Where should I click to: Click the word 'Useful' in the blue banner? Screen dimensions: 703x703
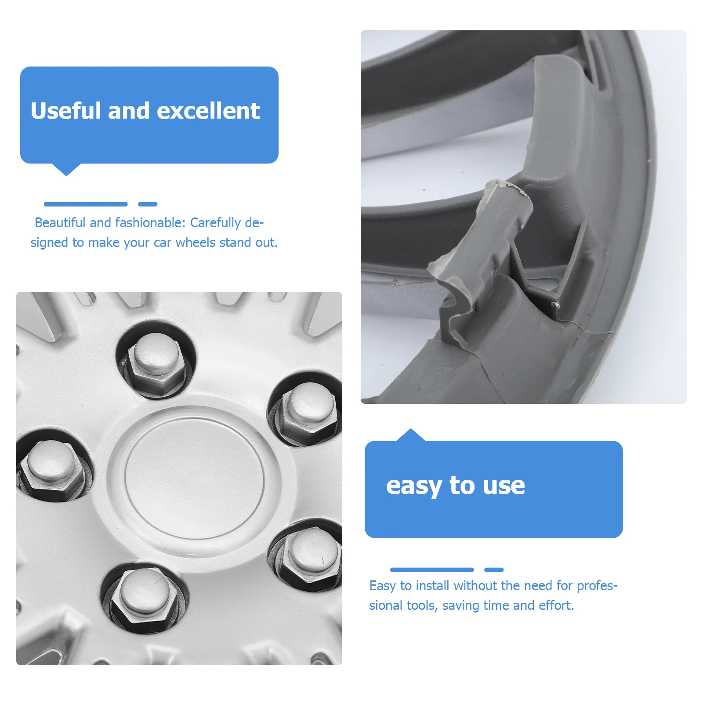(65, 111)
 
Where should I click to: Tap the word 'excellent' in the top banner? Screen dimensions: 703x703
(208, 111)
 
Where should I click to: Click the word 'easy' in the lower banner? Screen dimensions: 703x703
(414, 486)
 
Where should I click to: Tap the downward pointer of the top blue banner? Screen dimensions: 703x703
(66, 169)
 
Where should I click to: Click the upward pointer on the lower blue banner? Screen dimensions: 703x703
(410, 435)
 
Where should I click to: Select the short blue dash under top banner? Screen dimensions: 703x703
(148, 204)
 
